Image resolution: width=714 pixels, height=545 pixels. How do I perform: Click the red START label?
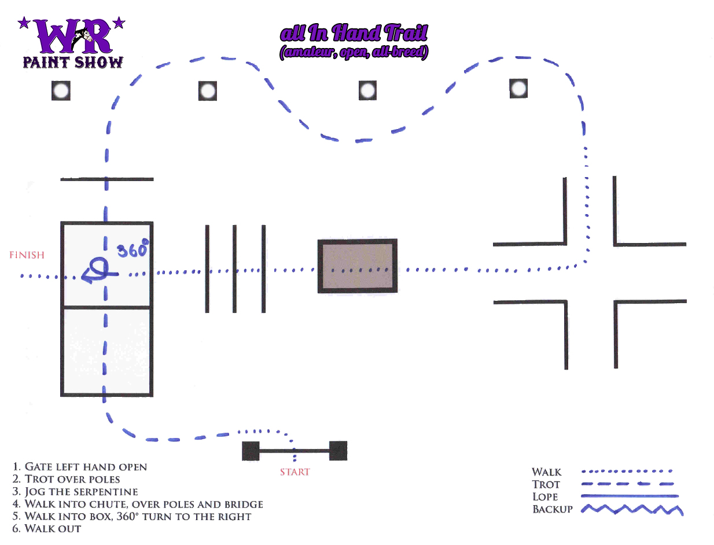pos(295,472)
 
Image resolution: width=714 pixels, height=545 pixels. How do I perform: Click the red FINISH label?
pos(27,255)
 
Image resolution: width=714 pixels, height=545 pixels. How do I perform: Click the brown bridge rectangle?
pos(358,266)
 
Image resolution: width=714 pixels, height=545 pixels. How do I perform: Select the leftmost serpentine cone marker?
pos(61,91)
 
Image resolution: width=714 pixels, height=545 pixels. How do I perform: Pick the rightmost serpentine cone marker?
pos(519,89)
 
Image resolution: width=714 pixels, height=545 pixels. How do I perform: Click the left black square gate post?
pos(251,451)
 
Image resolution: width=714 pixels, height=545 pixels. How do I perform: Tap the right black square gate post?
pos(338,451)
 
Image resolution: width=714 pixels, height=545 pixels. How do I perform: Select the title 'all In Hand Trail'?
pos(354,34)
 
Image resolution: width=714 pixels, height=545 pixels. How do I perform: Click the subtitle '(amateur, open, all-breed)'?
pos(354,53)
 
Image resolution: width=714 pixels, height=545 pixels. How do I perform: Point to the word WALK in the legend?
pos(547,472)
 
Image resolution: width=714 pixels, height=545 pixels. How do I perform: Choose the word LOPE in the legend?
pos(545,497)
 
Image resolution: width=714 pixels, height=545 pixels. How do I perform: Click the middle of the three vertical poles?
pos(235,269)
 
